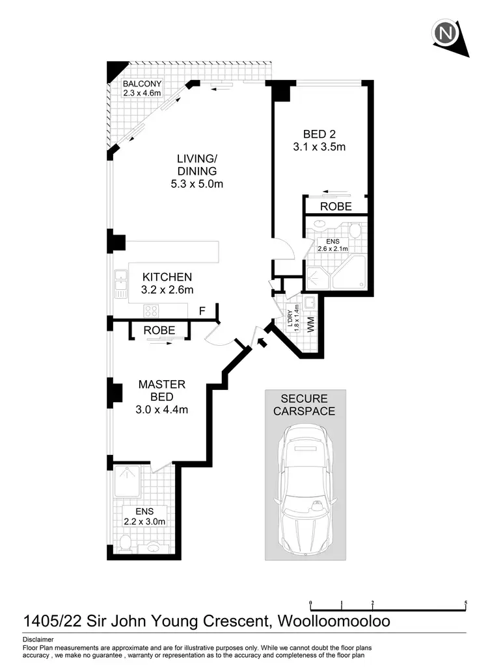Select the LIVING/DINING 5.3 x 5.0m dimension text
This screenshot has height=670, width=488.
click(197, 184)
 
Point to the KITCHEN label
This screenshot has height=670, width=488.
click(167, 277)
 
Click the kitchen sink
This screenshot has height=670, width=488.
click(120, 284)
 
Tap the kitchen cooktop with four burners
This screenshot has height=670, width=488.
click(152, 309)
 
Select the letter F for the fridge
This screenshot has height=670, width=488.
click(202, 311)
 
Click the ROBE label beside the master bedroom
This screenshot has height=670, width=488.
click(159, 330)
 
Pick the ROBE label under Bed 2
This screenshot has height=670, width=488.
click(336, 207)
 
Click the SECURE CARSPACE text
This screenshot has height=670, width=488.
click(304, 405)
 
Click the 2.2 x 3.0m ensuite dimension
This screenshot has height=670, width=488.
click(145, 521)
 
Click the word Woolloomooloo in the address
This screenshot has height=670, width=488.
click(334, 621)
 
